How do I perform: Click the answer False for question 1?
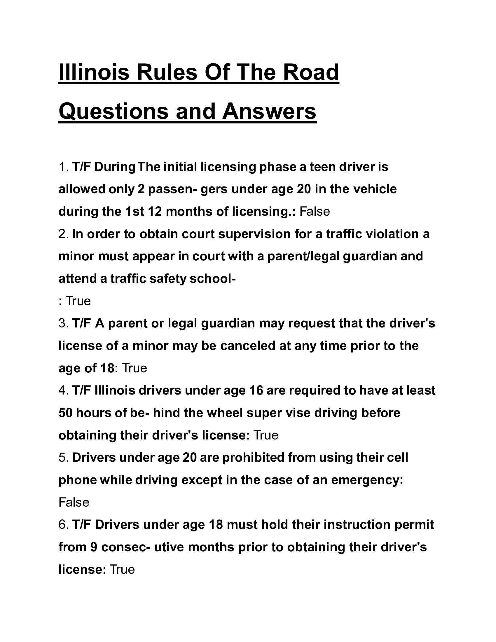click(x=315, y=212)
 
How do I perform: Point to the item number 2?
click(x=64, y=234)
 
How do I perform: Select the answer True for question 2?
click(x=78, y=301)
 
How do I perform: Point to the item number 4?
click(x=64, y=391)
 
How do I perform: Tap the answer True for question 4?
click(x=266, y=435)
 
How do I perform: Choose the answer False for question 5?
click(x=74, y=503)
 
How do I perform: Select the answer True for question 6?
click(x=122, y=570)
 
